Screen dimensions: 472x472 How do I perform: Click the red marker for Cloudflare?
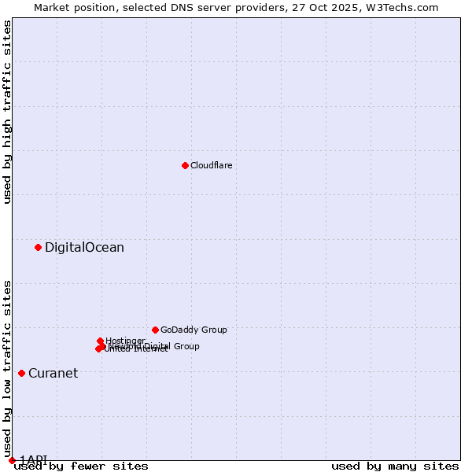pos(185,165)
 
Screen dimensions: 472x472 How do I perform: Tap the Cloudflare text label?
pos(211,165)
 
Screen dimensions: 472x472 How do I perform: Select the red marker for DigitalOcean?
pos(38,247)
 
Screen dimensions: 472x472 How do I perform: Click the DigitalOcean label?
pos(84,248)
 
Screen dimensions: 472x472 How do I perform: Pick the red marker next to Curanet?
pos(21,373)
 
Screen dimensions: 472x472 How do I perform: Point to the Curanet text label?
pos(53,374)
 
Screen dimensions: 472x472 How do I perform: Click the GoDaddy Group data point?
pos(155,330)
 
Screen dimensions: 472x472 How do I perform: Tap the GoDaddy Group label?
pos(194,330)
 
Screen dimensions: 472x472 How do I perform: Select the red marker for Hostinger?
pos(101,341)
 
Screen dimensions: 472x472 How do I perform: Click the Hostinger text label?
pos(125,341)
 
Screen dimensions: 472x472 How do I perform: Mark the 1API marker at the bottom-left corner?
pos(12,460)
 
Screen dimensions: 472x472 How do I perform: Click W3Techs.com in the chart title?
pos(404,7)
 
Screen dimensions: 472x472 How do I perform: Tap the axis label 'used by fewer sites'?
pos(81,466)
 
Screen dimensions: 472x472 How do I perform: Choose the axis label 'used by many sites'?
pos(395,466)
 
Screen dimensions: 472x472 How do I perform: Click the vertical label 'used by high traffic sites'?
pos(7,112)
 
